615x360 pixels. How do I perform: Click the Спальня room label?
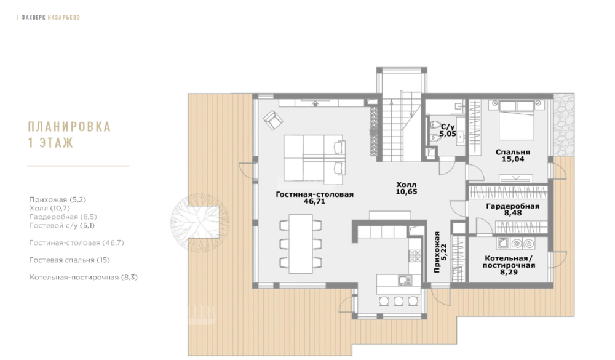coord(513,152)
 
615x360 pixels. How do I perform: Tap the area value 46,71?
coord(314,201)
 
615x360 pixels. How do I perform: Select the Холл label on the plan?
coord(407,185)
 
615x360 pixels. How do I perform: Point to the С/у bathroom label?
coord(448,127)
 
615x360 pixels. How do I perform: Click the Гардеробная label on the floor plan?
coord(513,206)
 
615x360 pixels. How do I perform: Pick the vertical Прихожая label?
coord(437,252)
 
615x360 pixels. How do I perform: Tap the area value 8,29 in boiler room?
coord(509,271)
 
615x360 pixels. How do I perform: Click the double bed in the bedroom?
coord(516,120)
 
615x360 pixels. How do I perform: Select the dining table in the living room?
coord(301,244)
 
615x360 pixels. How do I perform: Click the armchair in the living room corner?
coord(273,120)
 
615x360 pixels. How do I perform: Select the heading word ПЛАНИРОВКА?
coord(69,127)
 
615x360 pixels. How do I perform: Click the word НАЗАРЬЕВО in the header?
coord(64,18)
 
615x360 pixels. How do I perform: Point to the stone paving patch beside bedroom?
coord(563,124)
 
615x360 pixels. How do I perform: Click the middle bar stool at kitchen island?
coord(399,301)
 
